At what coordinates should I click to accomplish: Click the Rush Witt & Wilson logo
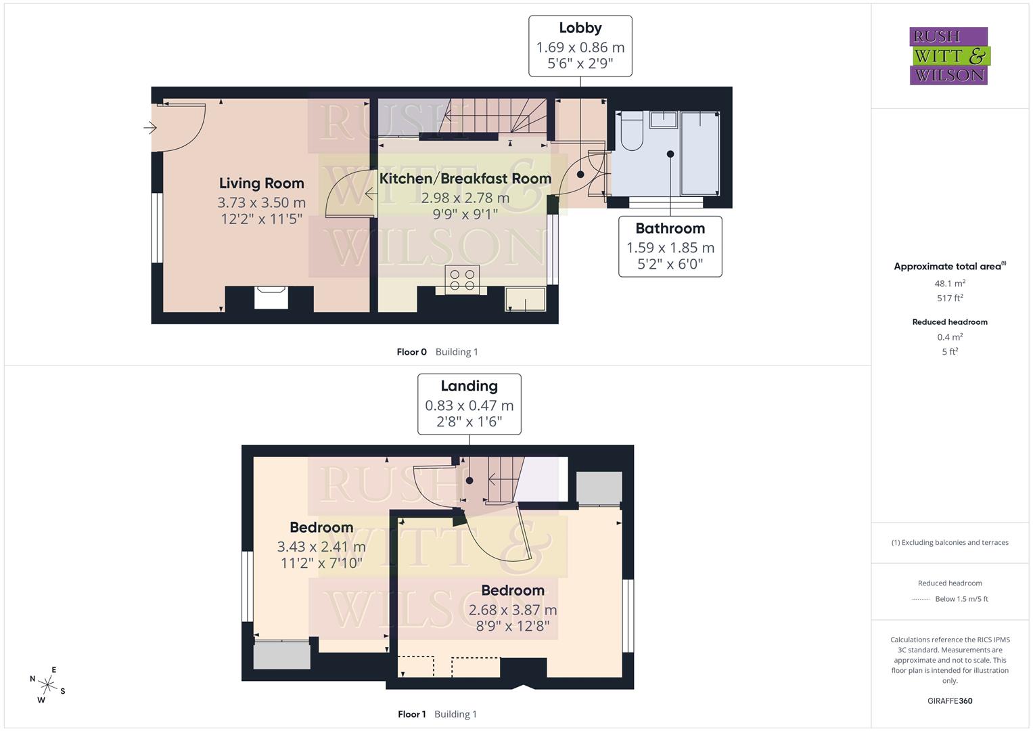point(948,56)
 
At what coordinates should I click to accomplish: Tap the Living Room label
point(261,183)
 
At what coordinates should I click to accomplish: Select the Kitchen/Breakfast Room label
point(465,179)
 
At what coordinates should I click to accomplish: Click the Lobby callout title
point(580,28)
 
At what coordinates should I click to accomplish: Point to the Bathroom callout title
point(670,229)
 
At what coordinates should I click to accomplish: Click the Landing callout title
point(469,386)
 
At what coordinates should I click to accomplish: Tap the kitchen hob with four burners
point(462,280)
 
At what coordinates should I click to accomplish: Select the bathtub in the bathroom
point(699,153)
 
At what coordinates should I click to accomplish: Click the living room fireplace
point(271,298)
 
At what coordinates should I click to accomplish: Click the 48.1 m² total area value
point(950,284)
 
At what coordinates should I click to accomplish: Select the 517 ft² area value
point(950,298)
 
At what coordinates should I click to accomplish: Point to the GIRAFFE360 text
point(950,701)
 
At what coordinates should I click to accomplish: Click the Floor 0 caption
point(411,352)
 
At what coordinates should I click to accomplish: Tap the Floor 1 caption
point(411,714)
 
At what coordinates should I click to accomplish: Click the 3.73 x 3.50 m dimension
point(261,202)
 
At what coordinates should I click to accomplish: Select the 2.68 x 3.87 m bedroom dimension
point(512,610)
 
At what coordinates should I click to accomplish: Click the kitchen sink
point(525,299)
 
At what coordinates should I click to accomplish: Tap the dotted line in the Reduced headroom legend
point(921,599)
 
